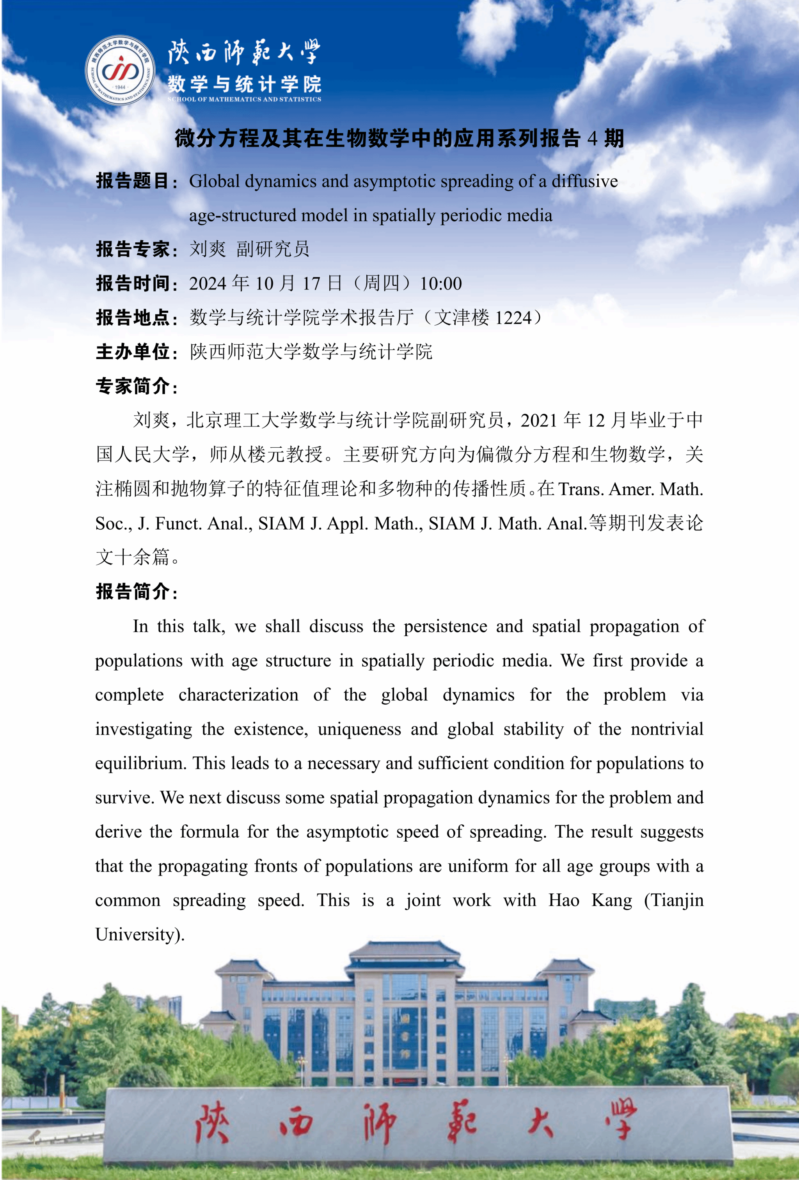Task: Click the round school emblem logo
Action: (x=120, y=71)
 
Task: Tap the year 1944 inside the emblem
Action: (x=120, y=87)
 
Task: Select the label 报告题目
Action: (x=133, y=181)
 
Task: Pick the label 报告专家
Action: (x=133, y=249)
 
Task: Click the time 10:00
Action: (x=440, y=283)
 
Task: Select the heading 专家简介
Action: (x=133, y=386)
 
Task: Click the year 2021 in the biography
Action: (x=540, y=420)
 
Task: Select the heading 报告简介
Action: (x=133, y=591)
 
